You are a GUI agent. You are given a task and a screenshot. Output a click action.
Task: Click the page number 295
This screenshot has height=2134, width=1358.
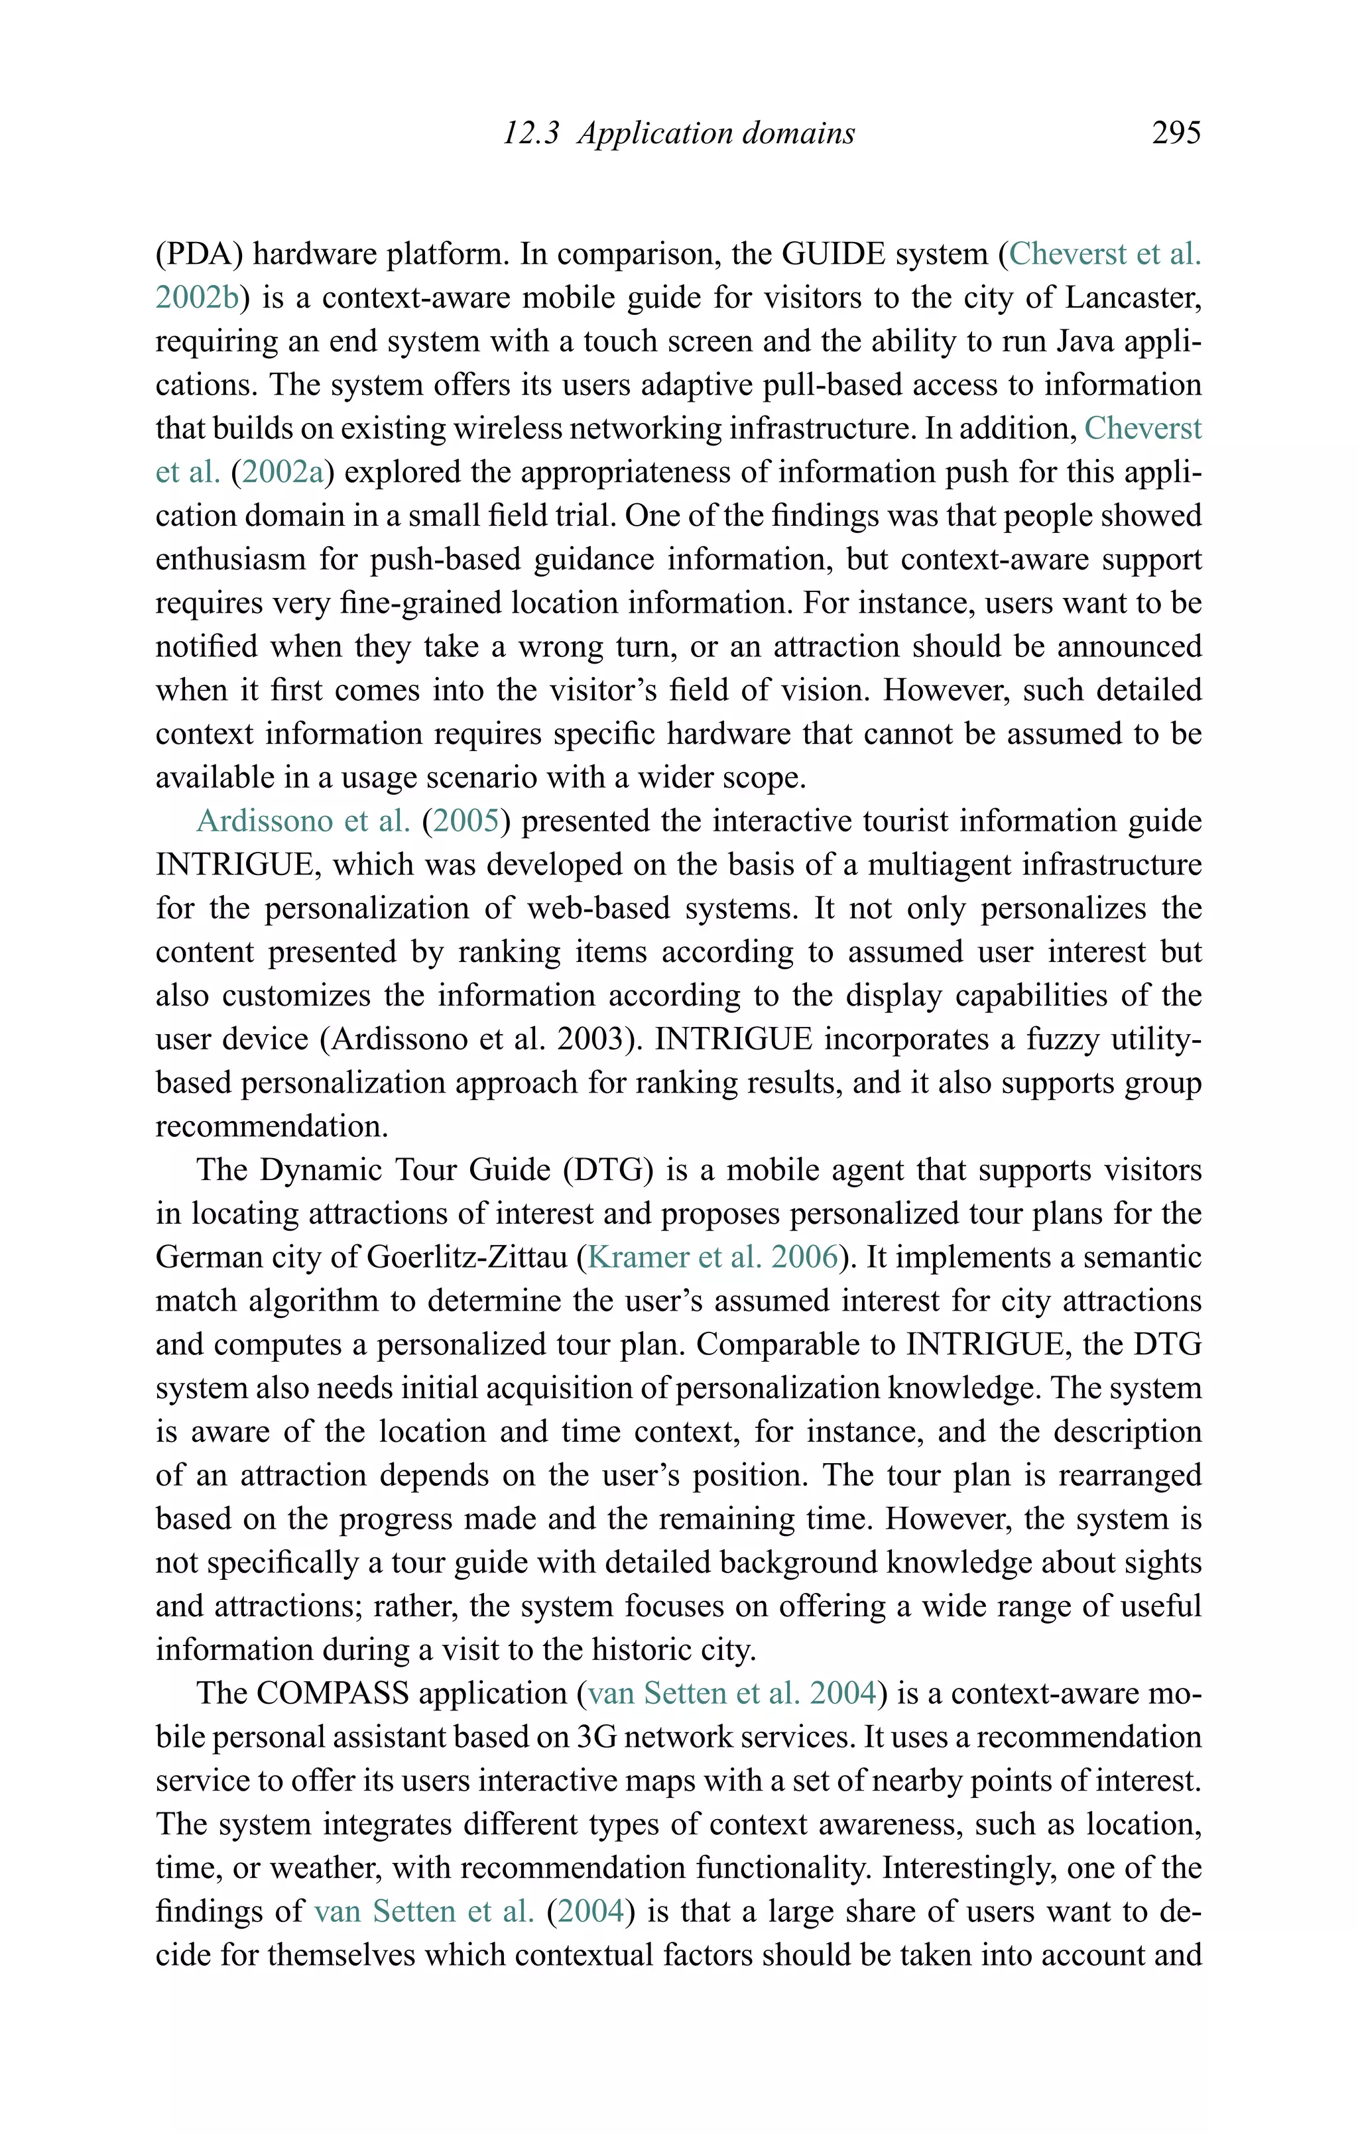[1176, 133]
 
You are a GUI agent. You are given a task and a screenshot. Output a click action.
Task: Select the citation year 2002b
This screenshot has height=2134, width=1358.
[198, 298]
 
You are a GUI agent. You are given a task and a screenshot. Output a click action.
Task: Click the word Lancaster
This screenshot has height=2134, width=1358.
[1132, 298]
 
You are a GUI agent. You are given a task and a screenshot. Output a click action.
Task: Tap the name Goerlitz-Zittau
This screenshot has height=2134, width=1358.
[466, 1257]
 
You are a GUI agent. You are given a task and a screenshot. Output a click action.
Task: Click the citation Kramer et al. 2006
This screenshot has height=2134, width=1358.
[713, 1257]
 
